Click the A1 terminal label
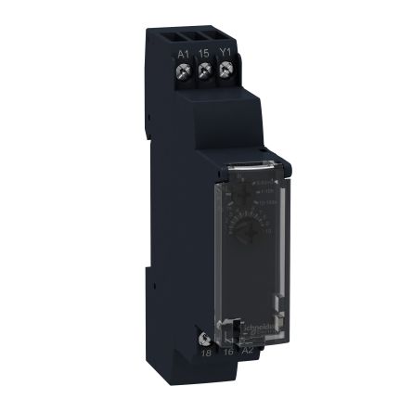click(184, 53)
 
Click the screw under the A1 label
click(184, 70)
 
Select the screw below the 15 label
click(204, 70)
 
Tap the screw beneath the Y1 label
click(225, 70)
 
